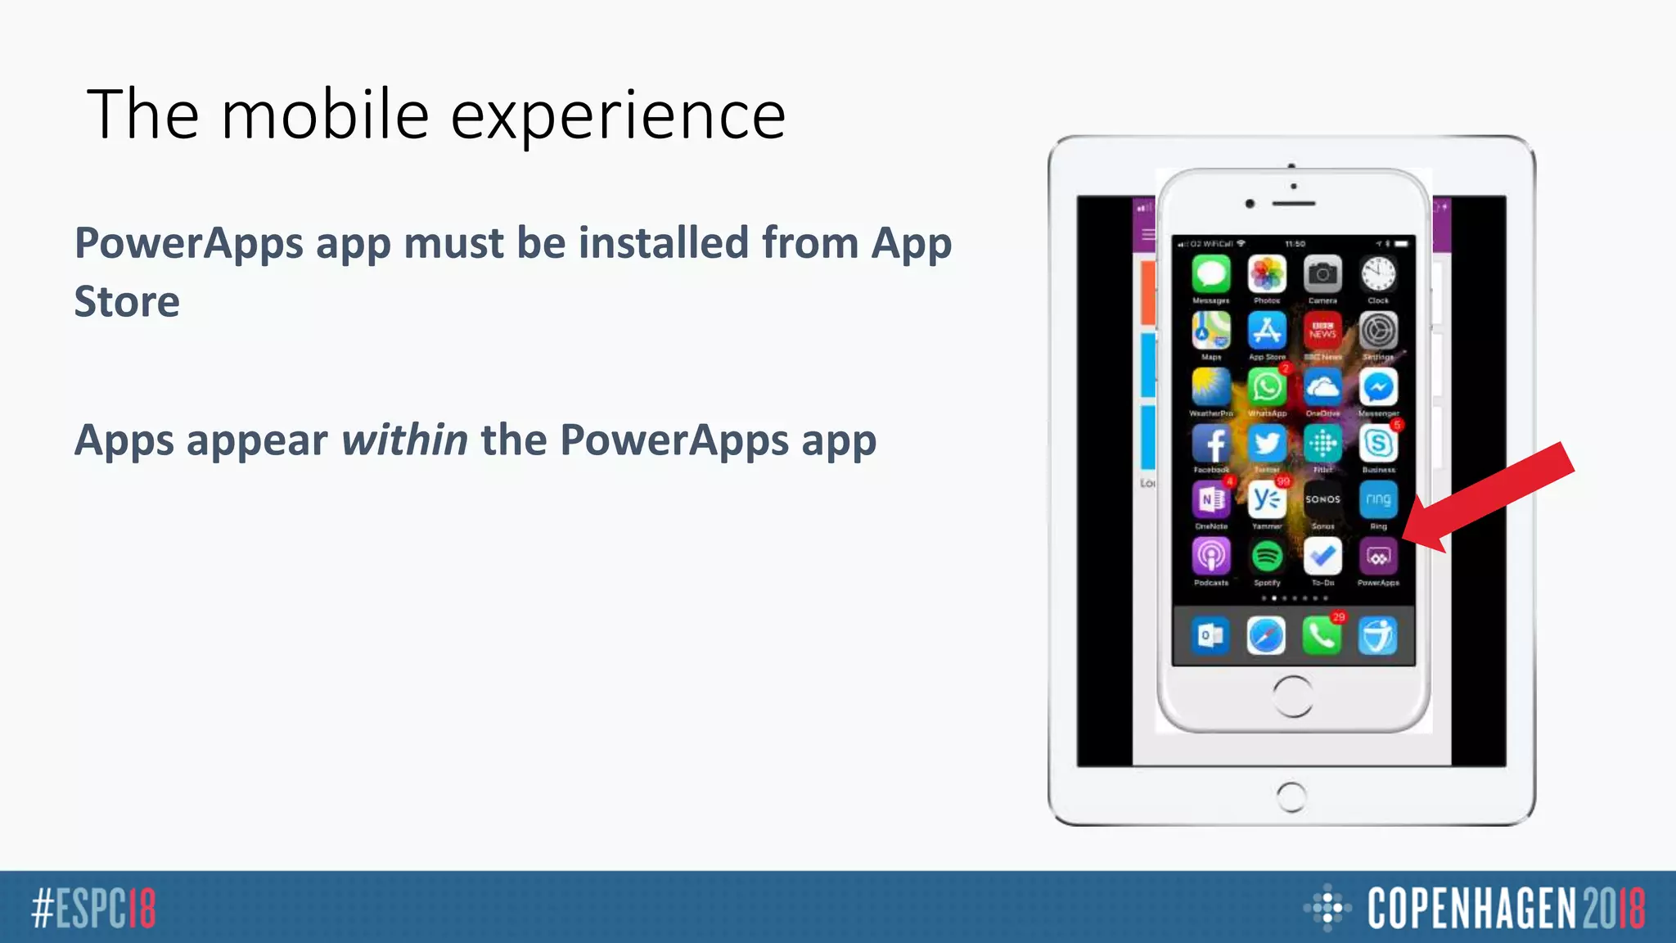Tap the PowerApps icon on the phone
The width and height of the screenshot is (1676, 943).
[1378, 557]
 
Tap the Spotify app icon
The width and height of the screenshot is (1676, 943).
[1267, 557]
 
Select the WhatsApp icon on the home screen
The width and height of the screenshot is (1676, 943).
[1267, 387]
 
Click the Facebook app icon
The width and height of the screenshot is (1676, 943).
[1211, 444]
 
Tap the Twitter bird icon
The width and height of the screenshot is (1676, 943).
[1267, 444]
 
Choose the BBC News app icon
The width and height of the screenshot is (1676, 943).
[1322, 331]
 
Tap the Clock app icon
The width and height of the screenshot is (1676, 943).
[1378, 274]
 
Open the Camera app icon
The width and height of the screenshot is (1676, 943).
[1322, 274]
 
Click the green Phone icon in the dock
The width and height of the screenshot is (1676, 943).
[1322, 636]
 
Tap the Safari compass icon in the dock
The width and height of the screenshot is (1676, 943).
[1266, 636]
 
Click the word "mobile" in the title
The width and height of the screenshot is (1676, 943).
[325, 115]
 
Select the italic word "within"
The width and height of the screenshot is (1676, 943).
[404, 440]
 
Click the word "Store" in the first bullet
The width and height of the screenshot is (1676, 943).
[127, 301]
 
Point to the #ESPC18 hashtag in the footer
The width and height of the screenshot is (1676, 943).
[93, 908]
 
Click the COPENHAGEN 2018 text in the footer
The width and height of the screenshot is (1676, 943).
[1506, 908]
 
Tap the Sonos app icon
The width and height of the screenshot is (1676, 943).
[1322, 499]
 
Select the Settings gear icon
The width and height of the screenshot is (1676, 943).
[1378, 331]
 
